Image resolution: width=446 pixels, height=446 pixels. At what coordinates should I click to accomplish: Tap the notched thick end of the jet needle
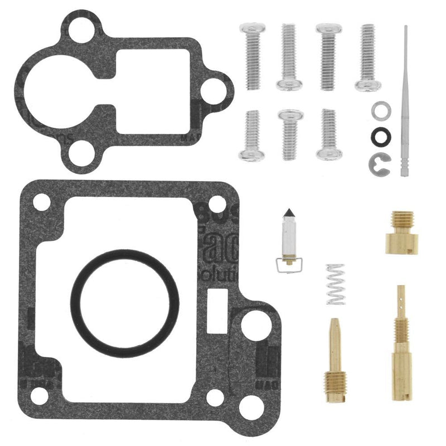pyautogui.click(x=405, y=167)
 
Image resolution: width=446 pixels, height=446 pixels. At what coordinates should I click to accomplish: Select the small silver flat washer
pyautogui.click(x=381, y=110)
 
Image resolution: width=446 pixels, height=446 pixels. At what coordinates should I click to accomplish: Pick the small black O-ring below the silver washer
pyautogui.click(x=381, y=135)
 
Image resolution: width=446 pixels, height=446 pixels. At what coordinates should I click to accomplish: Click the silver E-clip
pyautogui.click(x=381, y=162)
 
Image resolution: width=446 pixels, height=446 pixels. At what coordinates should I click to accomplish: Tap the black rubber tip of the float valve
pyautogui.click(x=289, y=215)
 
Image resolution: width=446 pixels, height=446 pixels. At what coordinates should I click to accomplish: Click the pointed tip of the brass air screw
pyautogui.click(x=333, y=322)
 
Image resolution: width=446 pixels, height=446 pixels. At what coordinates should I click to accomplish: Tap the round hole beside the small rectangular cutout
pyautogui.click(x=256, y=323)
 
